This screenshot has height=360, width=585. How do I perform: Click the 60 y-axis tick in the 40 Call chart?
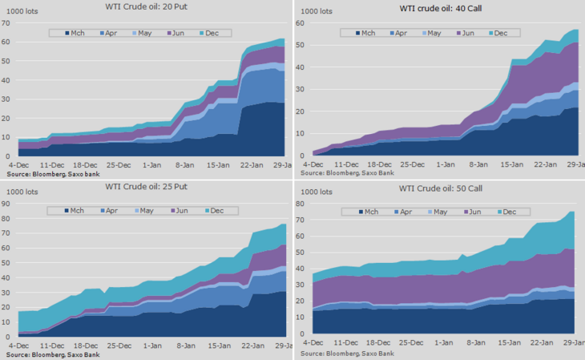pyautogui.click(x=302, y=23)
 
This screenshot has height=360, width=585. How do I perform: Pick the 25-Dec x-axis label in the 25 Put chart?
pyautogui.click(x=119, y=346)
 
